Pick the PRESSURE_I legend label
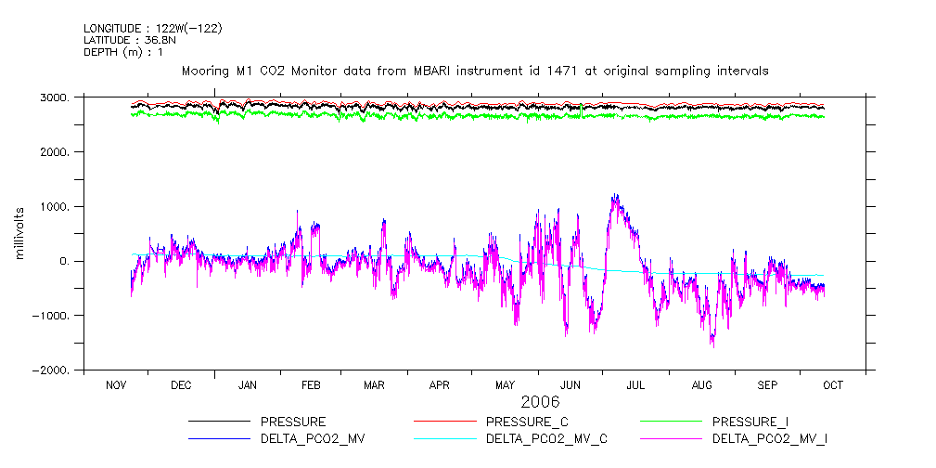[751, 422]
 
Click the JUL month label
[636, 384]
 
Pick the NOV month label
[116, 384]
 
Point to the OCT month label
[833, 384]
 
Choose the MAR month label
[374, 384]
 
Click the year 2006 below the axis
[540, 402]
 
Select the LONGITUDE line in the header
[152, 29]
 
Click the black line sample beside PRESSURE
[220, 422]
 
